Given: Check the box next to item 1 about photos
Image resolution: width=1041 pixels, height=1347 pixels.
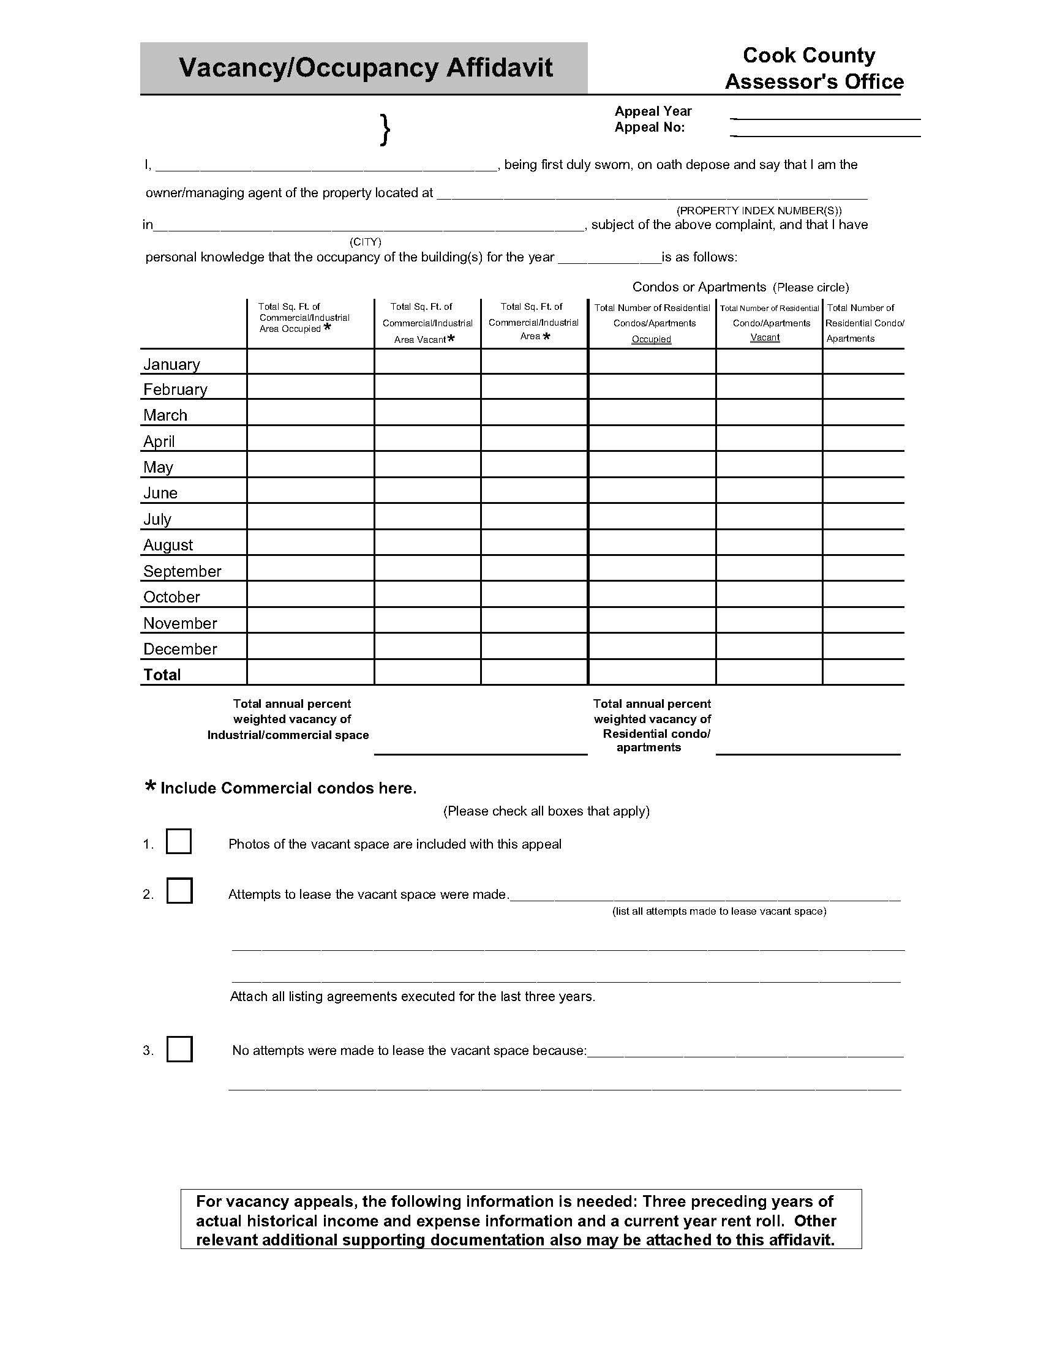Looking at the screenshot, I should click(x=179, y=841).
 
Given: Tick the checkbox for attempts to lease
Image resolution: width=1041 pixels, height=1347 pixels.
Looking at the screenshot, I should click(x=179, y=891).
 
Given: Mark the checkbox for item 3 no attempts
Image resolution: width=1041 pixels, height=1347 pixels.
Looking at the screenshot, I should click(x=179, y=1049).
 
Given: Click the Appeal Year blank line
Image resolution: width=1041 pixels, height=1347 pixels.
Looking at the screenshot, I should click(x=825, y=116).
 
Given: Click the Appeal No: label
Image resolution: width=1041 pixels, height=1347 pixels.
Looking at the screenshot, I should click(x=649, y=128).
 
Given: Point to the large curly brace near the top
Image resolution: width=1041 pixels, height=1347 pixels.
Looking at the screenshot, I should click(x=385, y=130).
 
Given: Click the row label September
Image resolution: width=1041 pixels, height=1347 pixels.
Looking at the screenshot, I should click(x=182, y=571).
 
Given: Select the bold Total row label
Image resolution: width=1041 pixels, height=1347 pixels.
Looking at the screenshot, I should click(x=162, y=675).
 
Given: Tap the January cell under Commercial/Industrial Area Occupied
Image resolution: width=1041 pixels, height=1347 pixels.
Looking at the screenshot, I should click(x=310, y=362).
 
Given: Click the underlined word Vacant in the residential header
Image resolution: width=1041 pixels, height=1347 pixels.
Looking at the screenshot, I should click(x=765, y=337).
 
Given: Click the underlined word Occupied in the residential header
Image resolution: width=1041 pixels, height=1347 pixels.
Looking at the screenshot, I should click(x=652, y=339).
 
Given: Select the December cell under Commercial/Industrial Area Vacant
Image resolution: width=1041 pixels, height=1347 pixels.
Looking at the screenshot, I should click(x=427, y=647).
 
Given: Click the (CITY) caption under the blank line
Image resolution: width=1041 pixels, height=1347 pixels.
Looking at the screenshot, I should click(x=366, y=242).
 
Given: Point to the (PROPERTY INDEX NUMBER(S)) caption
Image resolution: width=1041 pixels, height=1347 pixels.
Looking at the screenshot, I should click(x=759, y=210).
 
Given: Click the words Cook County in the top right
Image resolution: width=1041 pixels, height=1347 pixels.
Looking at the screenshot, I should click(x=808, y=56).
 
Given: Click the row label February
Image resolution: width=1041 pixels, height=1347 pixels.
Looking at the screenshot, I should click(x=175, y=389).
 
